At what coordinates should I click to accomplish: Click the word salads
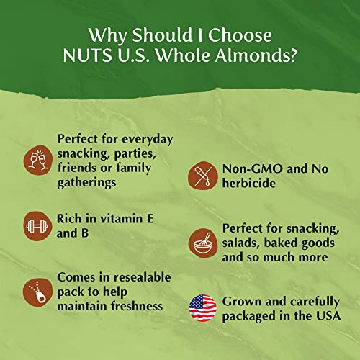click(243, 242)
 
